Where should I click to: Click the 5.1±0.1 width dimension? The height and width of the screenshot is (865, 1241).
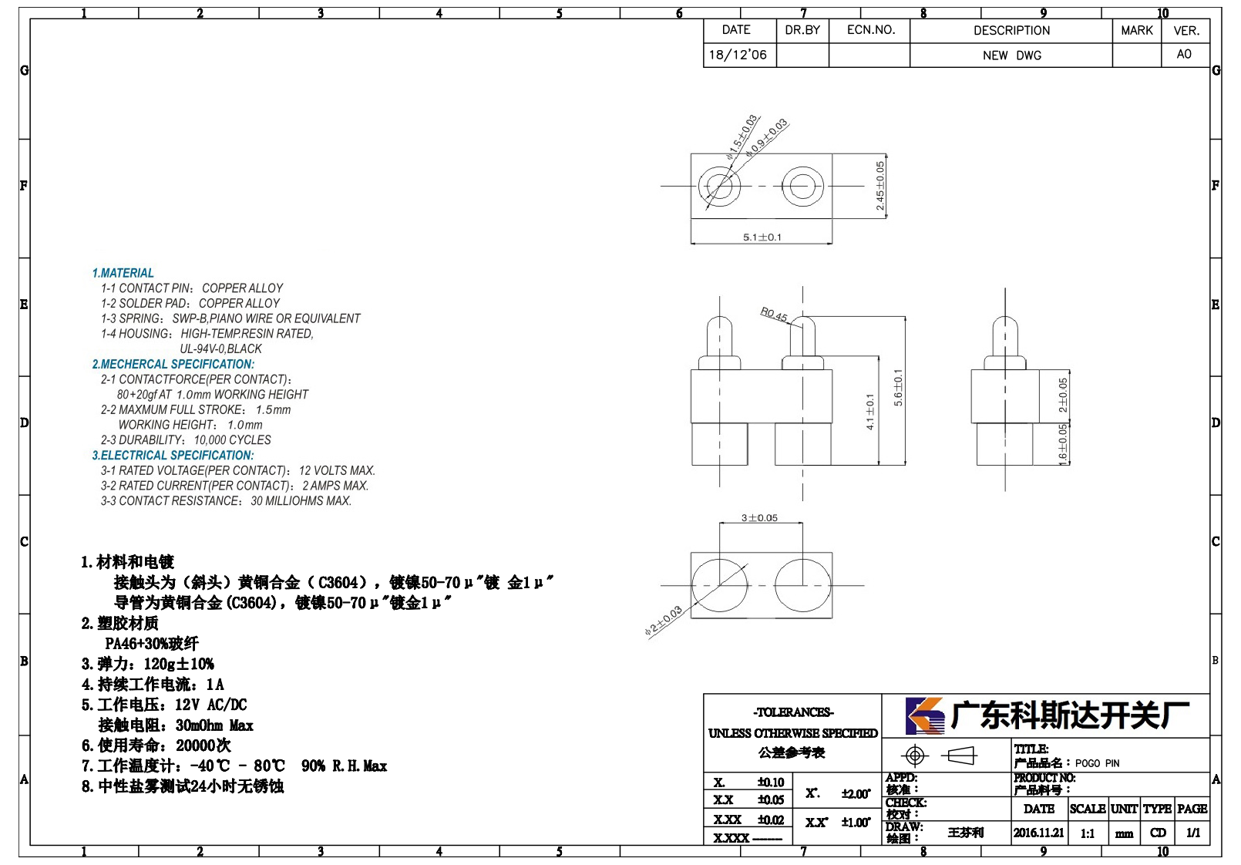point(762,237)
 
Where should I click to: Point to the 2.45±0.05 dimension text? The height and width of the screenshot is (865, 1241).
point(879,186)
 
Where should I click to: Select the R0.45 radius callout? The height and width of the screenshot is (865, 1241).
point(773,315)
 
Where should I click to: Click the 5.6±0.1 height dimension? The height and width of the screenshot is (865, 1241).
point(898,387)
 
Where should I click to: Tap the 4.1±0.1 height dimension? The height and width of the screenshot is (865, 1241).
point(869,412)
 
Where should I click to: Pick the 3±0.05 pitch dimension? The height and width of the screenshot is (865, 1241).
point(759,517)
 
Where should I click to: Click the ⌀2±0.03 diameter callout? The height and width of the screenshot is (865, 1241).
point(663,621)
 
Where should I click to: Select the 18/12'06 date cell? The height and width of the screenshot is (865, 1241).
point(738,55)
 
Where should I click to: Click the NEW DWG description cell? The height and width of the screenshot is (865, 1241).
point(1011,56)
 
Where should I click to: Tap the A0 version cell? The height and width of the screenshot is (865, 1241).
point(1184,54)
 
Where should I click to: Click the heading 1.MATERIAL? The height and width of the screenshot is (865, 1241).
point(123,273)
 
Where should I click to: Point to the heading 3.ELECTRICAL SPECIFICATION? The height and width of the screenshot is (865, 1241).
point(173,455)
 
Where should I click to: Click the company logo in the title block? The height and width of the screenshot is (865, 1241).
point(925,715)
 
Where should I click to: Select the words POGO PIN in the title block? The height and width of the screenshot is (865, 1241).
point(1097,763)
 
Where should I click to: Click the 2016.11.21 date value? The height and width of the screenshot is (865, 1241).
point(1039,833)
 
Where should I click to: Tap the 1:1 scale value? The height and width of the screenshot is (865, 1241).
point(1088,833)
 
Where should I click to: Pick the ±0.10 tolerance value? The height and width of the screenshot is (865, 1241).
point(771,782)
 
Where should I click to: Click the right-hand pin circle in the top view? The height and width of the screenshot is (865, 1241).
point(802,186)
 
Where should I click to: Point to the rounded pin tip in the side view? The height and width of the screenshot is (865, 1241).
point(1005,324)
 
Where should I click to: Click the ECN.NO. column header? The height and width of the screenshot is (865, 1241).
point(871,30)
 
